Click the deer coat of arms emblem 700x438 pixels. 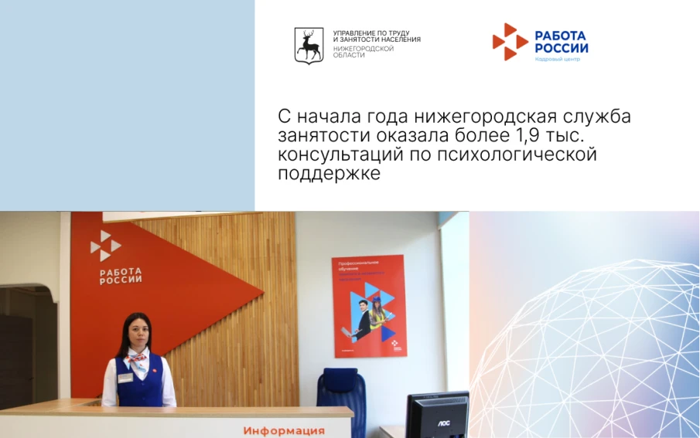tap(309, 45)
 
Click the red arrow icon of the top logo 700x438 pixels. tap(509, 42)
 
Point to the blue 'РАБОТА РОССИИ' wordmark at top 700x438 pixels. tap(561, 42)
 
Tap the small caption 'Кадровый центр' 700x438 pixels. tap(556, 59)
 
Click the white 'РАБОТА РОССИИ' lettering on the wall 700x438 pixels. tap(121, 276)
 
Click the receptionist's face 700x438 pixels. tap(136, 333)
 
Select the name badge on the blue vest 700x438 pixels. tap(125, 377)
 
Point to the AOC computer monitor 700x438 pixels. tap(437, 415)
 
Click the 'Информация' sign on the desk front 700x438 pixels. tap(284, 430)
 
